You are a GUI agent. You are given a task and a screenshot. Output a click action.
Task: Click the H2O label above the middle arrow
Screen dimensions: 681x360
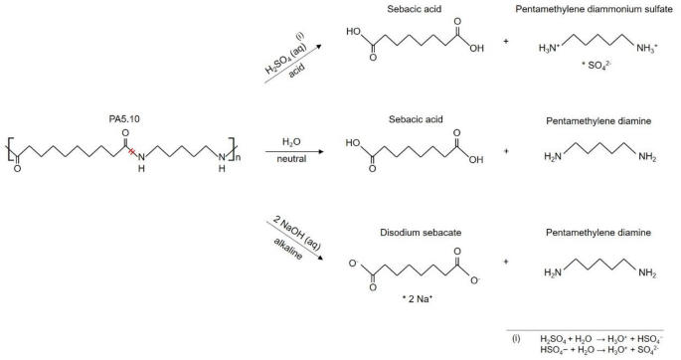[291, 142]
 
